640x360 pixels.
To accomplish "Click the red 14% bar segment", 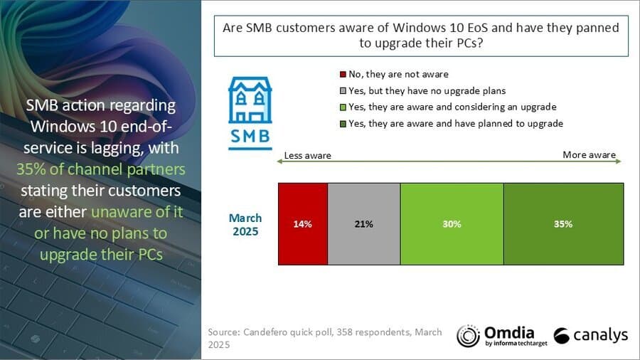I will click(302, 224).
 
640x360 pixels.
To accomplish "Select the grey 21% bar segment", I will click(364, 224).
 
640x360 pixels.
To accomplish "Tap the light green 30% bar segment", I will click(452, 224).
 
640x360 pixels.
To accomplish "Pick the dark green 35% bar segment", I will click(563, 224).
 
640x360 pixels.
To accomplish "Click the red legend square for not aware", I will click(342, 74).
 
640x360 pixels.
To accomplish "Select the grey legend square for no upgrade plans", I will click(342, 90).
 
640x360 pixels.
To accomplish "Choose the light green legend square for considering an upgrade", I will click(342, 107).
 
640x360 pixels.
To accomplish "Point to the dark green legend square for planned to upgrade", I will click(342, 123).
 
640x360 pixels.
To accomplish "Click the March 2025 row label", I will click(245, 224).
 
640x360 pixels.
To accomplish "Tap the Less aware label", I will click(308, 155).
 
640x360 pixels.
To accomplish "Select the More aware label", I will click(590, 154).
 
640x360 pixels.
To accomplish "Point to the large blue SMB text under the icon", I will click(249, 136).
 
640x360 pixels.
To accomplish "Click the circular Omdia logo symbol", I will click(467, 336).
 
